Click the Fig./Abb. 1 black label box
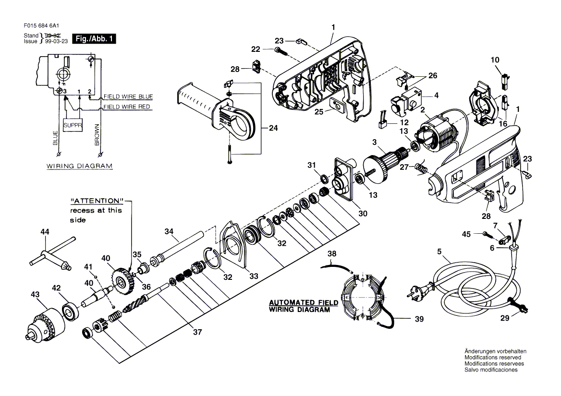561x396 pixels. (x=94, y=38)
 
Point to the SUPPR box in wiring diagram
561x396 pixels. (x=73, y=125)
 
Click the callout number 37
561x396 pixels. (x=197, y=332)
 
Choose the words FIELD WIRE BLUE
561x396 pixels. (x=128, y=96)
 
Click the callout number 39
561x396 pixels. (x=419, y=319)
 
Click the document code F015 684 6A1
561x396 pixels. (x=41, y=26)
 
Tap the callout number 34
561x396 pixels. (x=169, y=231)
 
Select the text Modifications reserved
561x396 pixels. (x=493, y=358)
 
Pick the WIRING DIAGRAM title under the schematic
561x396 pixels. (x=79, y=166)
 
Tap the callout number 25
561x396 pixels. (x=319, y=112)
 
